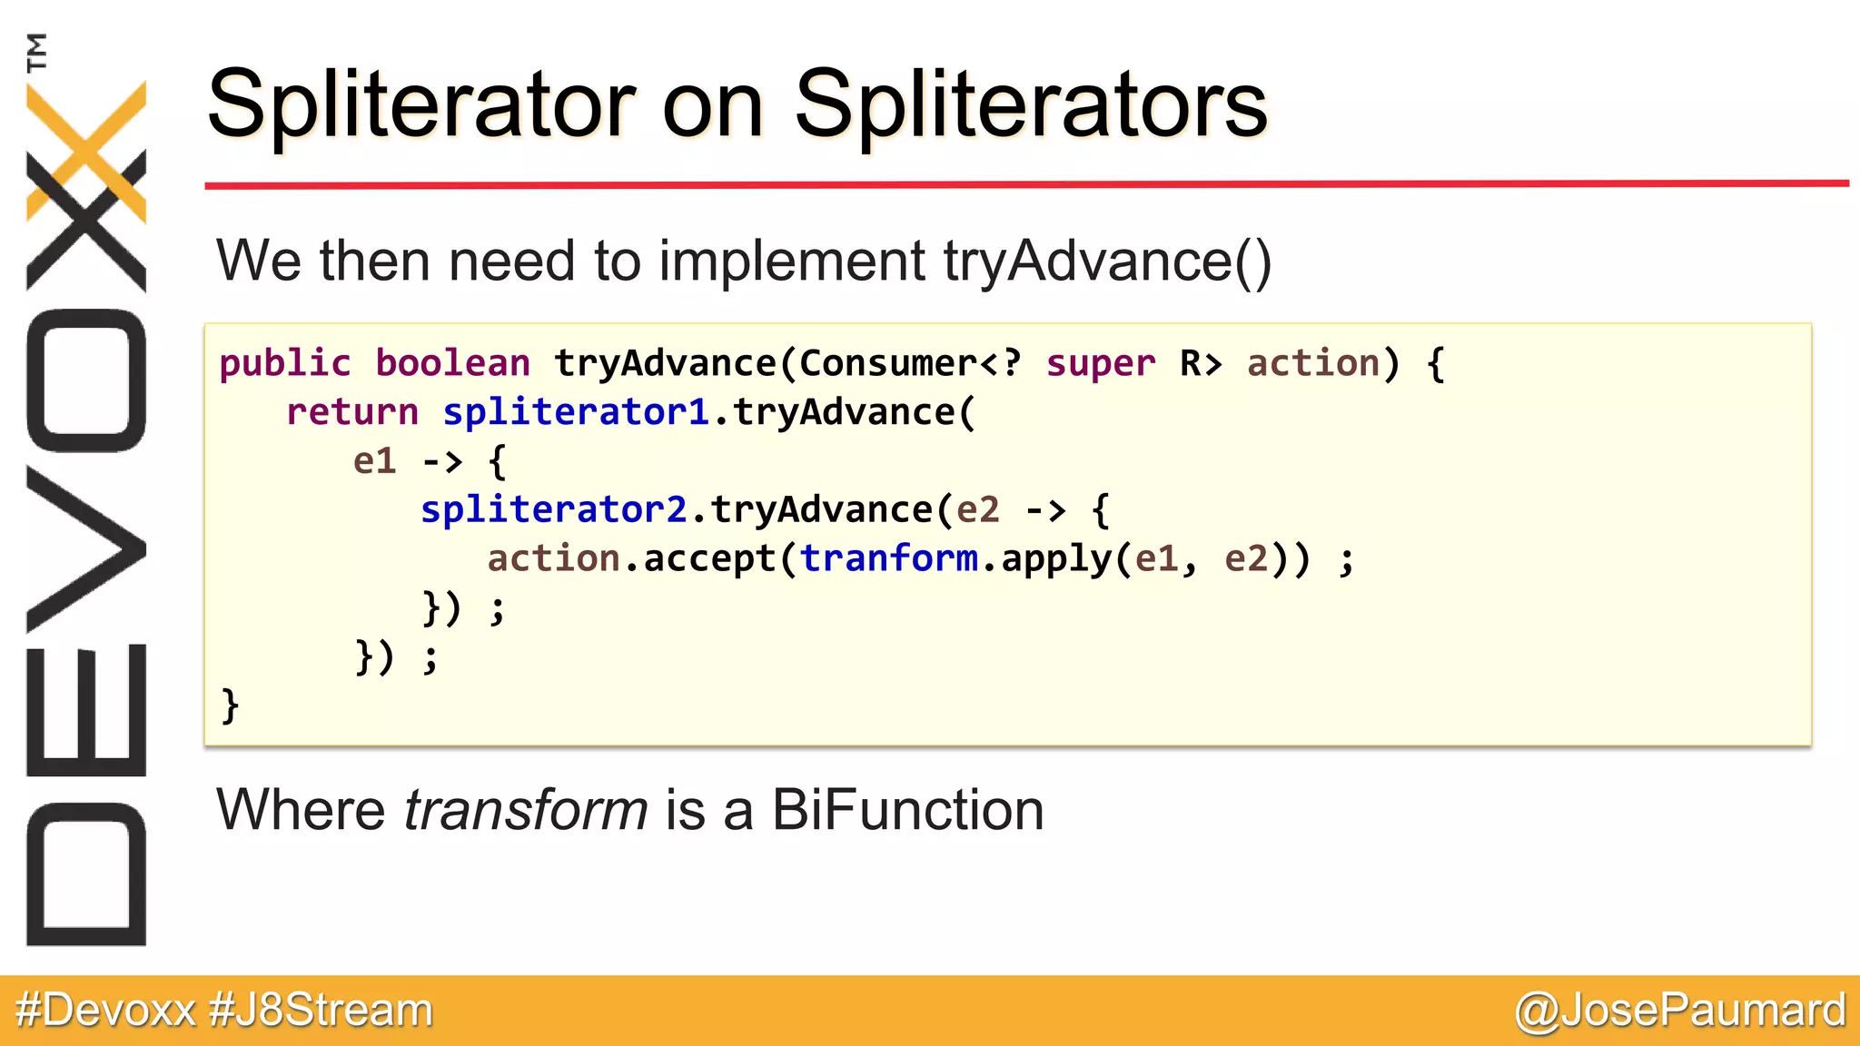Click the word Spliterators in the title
[1030, 105]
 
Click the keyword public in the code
[284, 364]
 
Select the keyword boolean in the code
[452, 364]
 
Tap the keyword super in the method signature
[1101, 364]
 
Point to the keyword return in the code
[351, 413]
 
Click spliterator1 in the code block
[576, 413]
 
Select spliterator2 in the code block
[554, 510]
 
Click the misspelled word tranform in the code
[889, 559]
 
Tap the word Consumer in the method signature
[888, 364]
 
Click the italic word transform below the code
[525, 810]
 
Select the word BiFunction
[907, 810]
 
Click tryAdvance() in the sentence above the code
[1107, 261]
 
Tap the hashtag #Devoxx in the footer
[105, 1011]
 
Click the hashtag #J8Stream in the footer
[321, 1011]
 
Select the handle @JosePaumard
[1680, 1011]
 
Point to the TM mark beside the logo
[36, 52]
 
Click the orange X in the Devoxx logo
[86, 150]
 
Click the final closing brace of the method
[230, 706]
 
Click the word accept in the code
[709, 559]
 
